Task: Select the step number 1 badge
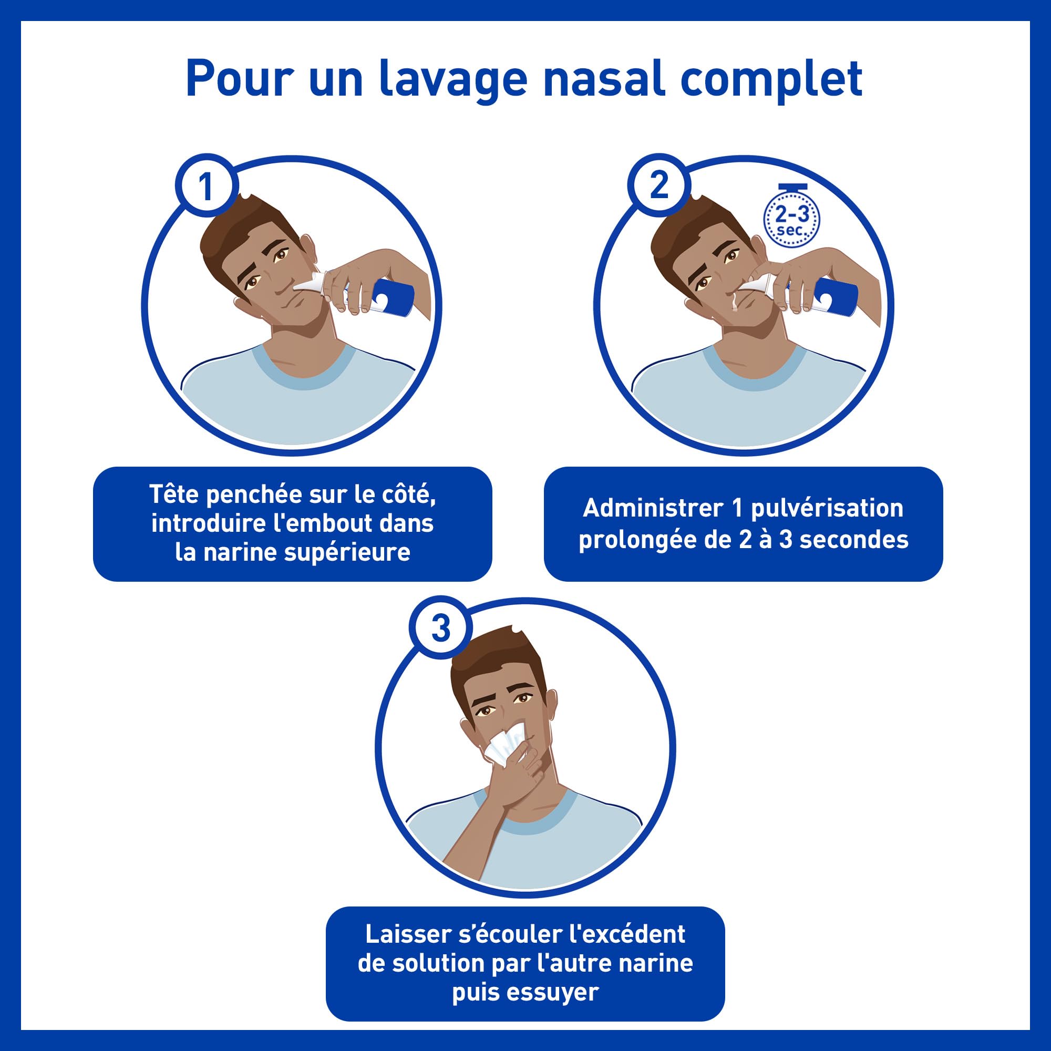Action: [x=205, y=187]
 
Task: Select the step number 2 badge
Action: [x=659, y=186]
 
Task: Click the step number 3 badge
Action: [x=440, y=628]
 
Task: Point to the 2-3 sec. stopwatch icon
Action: [x=792, y=220]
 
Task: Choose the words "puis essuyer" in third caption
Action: [x=525, y=992]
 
